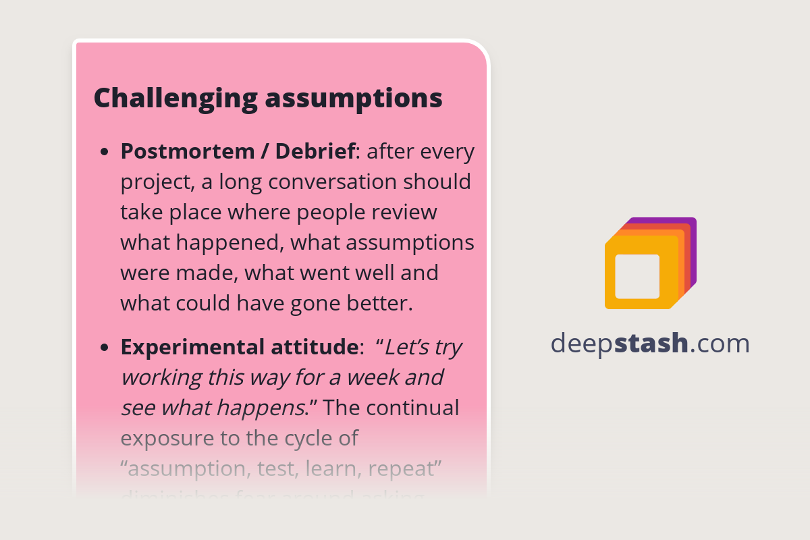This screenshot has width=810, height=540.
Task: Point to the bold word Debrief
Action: [x=316, y=152]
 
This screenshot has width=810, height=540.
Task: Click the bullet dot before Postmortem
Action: [x=104, y=153]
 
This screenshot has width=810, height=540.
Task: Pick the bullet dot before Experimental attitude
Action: [x=104, y=348]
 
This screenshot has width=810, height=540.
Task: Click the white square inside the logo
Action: [x=637, y=276]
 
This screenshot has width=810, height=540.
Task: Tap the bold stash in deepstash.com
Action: [x=652, y=344]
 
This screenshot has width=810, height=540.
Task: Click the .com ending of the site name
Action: [x=720, y=344]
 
